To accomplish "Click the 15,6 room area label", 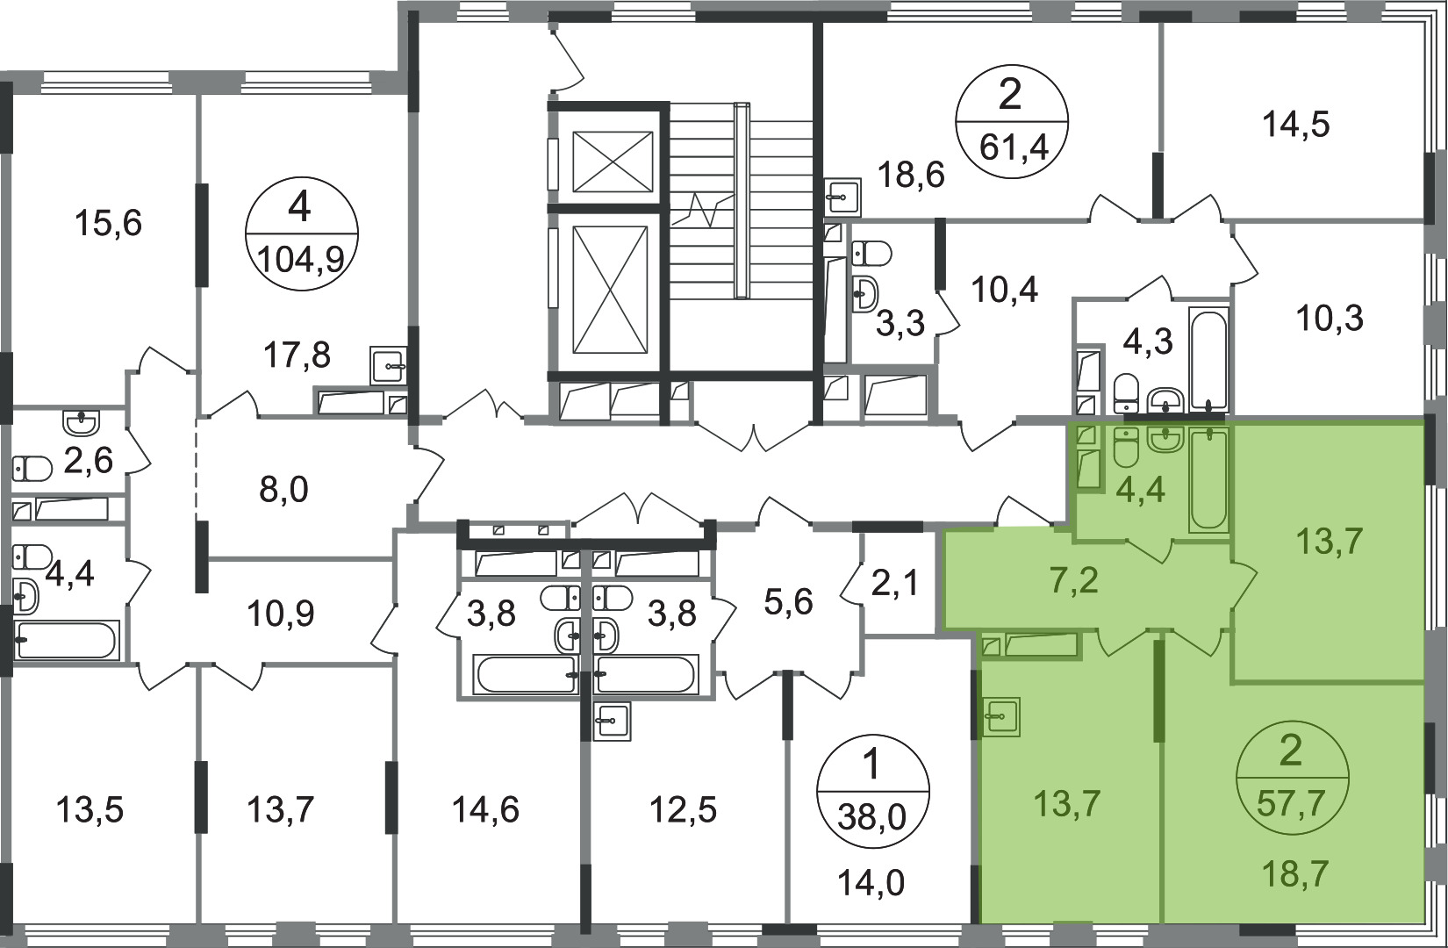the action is (x=109, y=224).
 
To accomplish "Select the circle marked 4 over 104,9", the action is (x=301, y=234).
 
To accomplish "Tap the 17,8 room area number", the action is (x=297, y=355).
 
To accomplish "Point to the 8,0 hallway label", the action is (x=283, y=490).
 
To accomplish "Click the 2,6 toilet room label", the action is (x=89, y=461).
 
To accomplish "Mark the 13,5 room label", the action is (x=90, y=809).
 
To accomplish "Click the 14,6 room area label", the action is (x=485, y=809).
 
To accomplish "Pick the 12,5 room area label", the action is (x=684, y=809).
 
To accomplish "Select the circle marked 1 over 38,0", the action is (x=873, y=791).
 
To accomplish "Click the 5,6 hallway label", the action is (x=788, y=603).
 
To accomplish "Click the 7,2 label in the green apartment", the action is (x=1073, y=581).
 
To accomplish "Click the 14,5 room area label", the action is (x=1295, y=125).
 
